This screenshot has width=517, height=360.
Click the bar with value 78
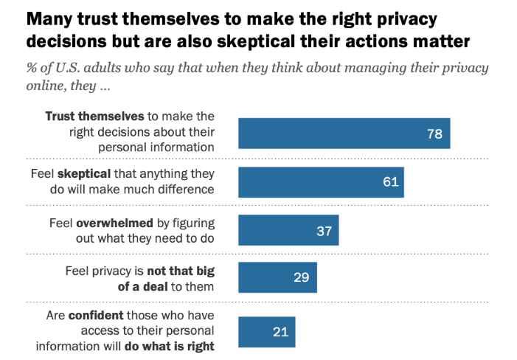pyautogui.click(x=344, y=134)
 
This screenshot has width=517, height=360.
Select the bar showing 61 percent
pyautogui.click(x=321, y=181)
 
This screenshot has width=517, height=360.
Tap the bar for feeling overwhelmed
pyautogui.click(x=288, y=230)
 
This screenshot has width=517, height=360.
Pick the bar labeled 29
pyautogui.click(x=277, y=278)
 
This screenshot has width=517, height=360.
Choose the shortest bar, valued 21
pyautogui.click(x=266, y=332)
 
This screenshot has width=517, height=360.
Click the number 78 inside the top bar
pyautogui.click(x=434, y=134)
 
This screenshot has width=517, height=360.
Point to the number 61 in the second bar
pyautogui.click(x=390, y=181)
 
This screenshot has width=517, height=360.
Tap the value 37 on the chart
pyautogui.click(x=325, y=230)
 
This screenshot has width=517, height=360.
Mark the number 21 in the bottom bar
pyautogui.click(x=281, y=332)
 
